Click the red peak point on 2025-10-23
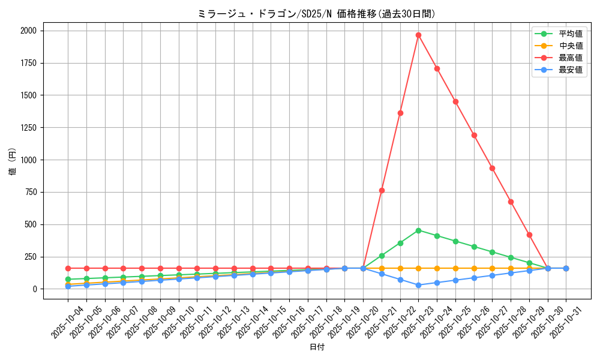click(418, 35)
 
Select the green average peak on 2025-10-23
click(418, 230)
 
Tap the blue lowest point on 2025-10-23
click(418, 285)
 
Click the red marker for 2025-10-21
click(382, 190)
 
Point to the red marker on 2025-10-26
click(474, 135)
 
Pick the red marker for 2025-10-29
click(529, 235)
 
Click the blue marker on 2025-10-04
click(68, 286)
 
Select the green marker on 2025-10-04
click(68, 279)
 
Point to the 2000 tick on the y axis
click(29, 31)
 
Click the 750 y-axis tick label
click(31, 192)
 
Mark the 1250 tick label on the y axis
click(29, 128)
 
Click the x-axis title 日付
click(317, 347)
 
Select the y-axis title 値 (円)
click(12, 162)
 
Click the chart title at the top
click(317, 14)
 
